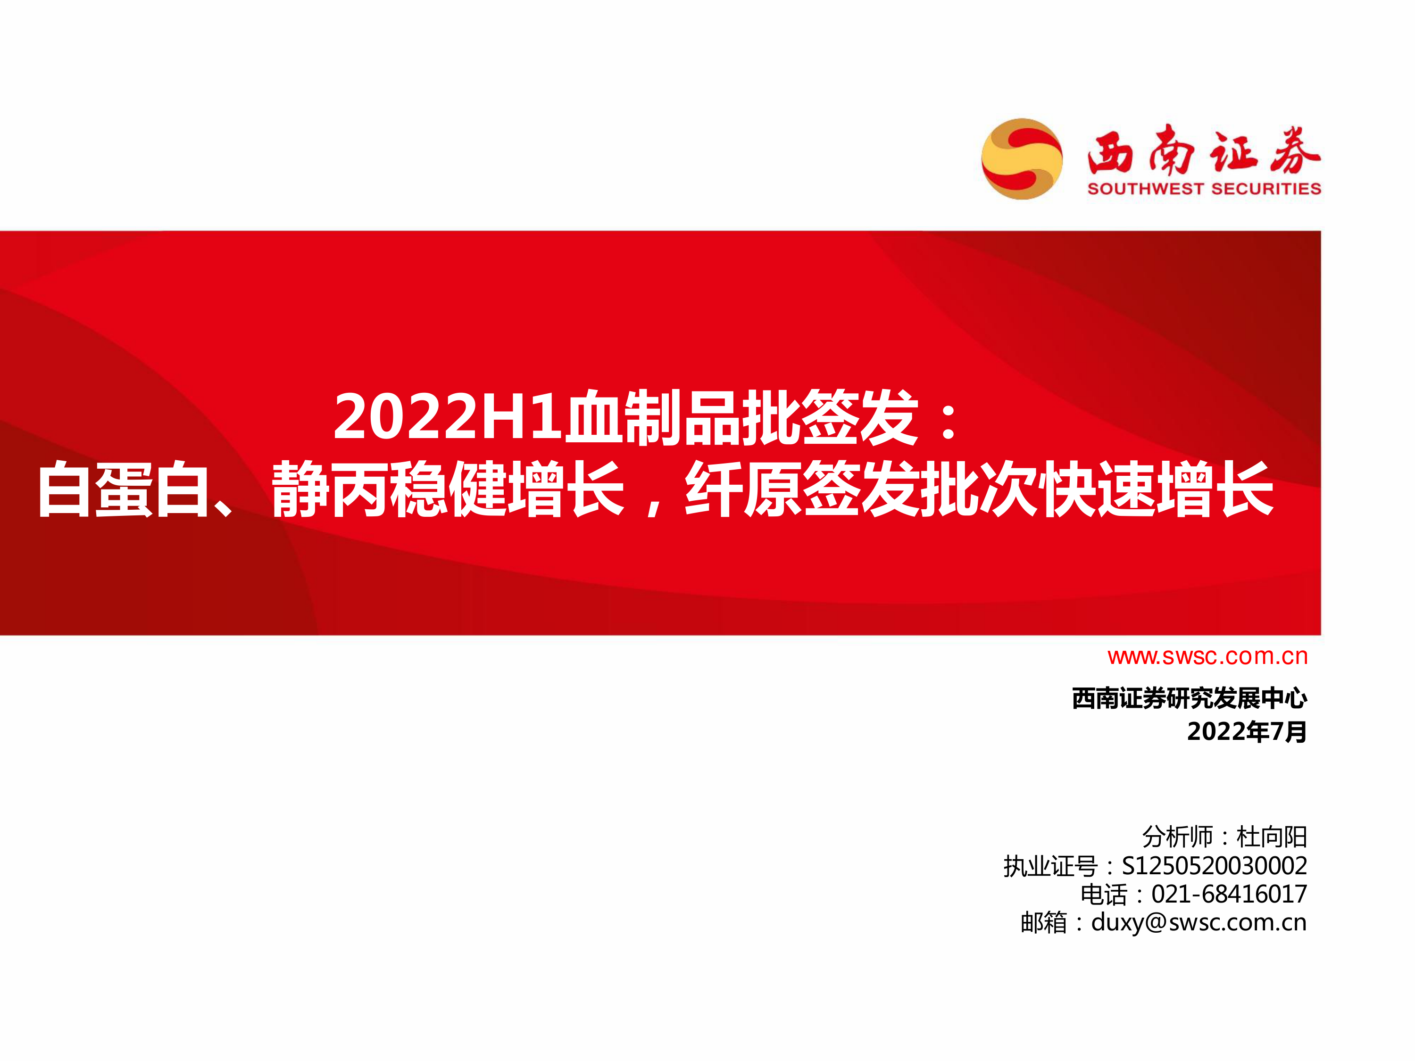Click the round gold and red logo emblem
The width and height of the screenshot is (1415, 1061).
point(1022,158)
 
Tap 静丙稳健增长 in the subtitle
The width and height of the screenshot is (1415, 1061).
point(448,489)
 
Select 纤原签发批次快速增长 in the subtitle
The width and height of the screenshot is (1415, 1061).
point(979,489)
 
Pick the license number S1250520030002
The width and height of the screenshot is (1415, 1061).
point(1215,866)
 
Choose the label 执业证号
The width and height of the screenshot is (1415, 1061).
point(1050,866)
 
